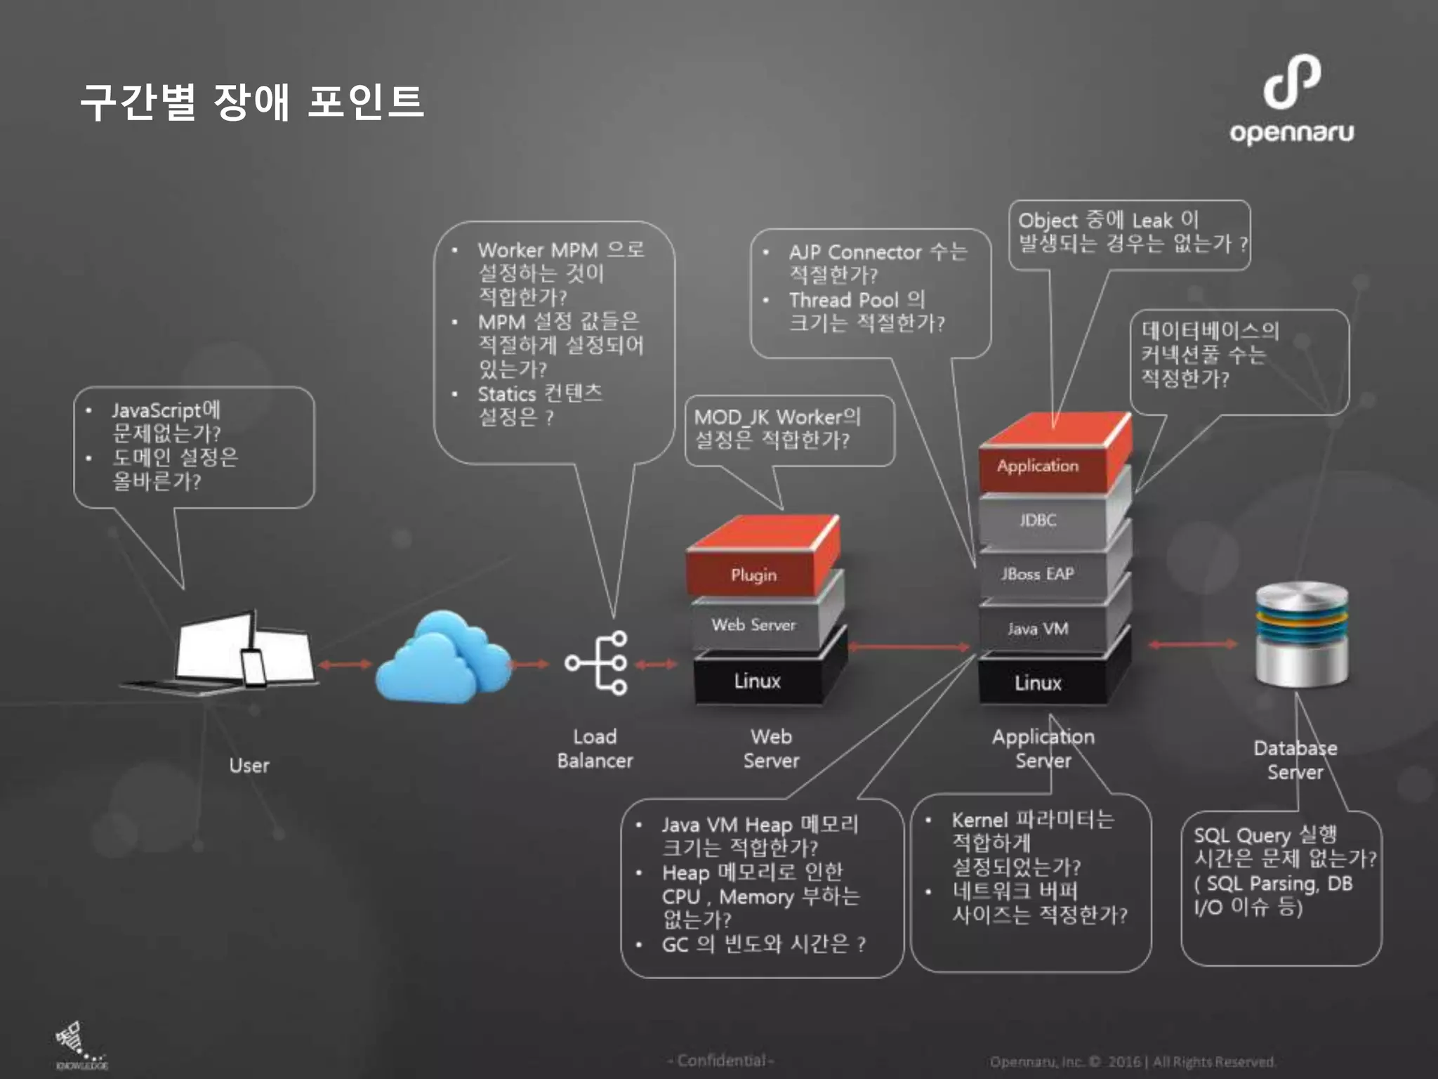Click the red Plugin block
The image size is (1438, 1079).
click(x=753, y=574)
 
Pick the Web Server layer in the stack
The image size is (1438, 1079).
click(x=753, y=624)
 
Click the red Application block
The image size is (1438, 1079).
click(x=1038, y=465)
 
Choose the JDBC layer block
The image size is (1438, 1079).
click(x=1038, y=520)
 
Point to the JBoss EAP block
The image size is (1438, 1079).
click(x=1038, y=574)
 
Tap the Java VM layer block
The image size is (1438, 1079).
click(x=1038, y=629)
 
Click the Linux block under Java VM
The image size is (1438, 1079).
click(x=1038, y=683)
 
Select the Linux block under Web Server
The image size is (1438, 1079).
click(x=757, y=681)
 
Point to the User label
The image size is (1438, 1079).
click(x=249, y=765)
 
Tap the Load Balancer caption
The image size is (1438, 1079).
click(x=595, y=749)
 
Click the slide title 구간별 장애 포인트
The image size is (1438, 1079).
click(x=252, y=102)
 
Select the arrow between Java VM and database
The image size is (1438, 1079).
click(x=1193, y=644)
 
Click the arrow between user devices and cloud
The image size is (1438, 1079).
click(x=344, y=664)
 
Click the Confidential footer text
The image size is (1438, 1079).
click(x=721, y=1060)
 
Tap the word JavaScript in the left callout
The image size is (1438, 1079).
click(x=156, y=410)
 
